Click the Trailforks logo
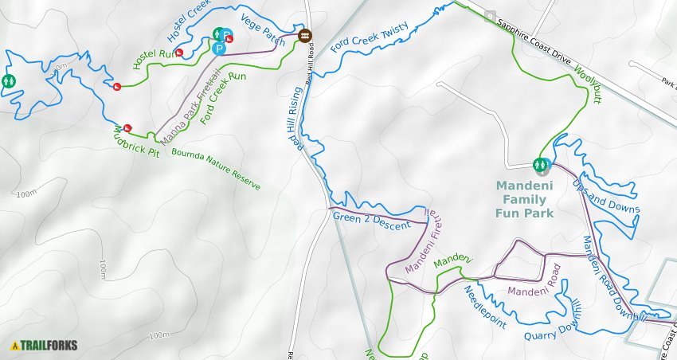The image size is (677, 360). tap(44, 346)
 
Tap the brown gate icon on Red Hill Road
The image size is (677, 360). tap(304, 36)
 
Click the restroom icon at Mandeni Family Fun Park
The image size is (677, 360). tap(542, 165)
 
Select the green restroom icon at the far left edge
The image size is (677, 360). tap(9, 80)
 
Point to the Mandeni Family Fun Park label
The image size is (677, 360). tap(525, 199)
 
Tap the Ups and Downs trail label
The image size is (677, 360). tap(606, 196)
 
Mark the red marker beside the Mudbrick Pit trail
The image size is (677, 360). tap(127, 127)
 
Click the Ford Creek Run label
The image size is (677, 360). tap(224, 99)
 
